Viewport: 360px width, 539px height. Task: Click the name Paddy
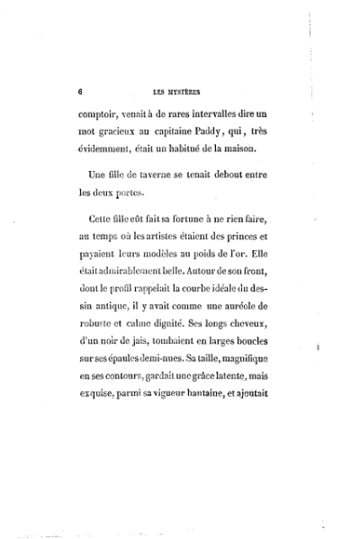click(226, 133)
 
